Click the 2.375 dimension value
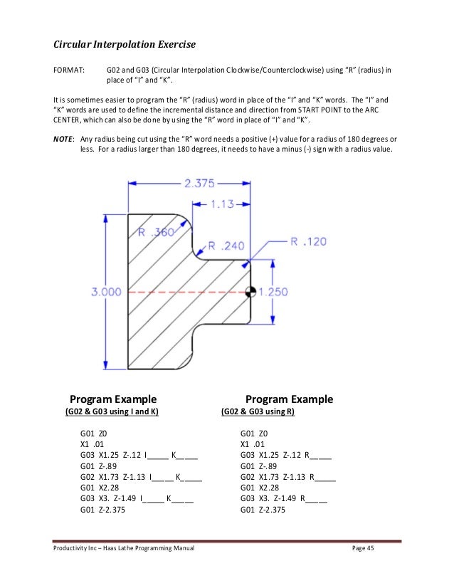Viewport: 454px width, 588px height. click(x=199, y=183)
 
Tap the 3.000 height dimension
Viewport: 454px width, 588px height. click(x=107, y=291)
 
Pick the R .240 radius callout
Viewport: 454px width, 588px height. click(x=226, y=246)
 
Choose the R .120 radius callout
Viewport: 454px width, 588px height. click(x=309, y=241)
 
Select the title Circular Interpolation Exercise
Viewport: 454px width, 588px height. click(x=125, y=45)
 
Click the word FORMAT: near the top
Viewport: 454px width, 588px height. click(x=69, y=71)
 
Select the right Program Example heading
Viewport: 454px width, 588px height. click(x=289, y=399)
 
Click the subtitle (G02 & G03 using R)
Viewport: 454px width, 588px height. click(x=258, y=412)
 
